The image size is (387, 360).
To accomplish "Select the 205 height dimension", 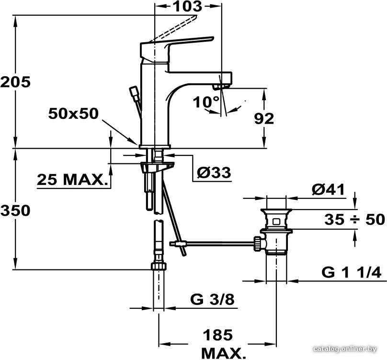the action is click(x=15, y=82).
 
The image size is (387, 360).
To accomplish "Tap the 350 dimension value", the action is click(x=15, y=211).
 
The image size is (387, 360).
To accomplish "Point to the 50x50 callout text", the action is click(x=73, y=114).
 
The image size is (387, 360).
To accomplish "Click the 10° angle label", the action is click(x=206, y=102).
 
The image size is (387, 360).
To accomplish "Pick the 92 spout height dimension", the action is click(x=264, y=119).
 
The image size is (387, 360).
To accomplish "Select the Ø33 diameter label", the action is click(x=214, y=172).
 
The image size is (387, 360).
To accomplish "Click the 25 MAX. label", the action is click(x=73, y=180).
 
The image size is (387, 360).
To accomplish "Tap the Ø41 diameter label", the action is click(x=328, y=190).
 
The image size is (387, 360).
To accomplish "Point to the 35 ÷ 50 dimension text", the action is click(x=354, y=220).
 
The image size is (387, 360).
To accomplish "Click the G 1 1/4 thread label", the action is click(x=352, y=273).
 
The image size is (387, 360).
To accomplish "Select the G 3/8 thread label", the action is click(x=212, y=300).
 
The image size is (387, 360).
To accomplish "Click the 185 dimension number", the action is click(x=217, y=335).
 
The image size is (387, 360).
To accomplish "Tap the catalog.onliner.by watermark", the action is click(x=345, y=348).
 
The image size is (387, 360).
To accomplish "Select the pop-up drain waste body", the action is click(x=276, y=232).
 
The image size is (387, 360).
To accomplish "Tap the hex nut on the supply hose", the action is click(x=159, y=266).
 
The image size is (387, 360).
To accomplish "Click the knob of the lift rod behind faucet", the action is click(x=134, y=92).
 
